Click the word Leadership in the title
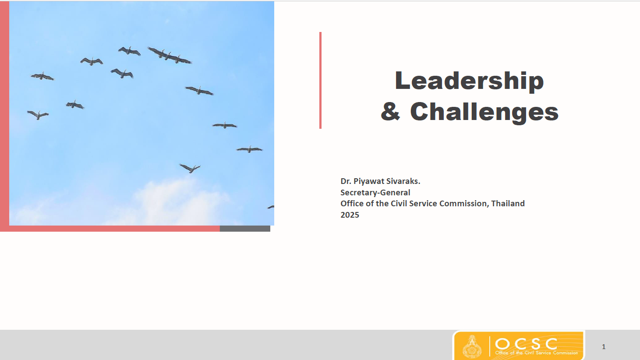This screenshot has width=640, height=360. pos(469,81)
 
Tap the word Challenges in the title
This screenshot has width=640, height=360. pos(484,112)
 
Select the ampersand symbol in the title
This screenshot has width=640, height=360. pos(390,111)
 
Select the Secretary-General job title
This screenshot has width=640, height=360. pos(375,193)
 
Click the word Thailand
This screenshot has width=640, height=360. pos(508,203)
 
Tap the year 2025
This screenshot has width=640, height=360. pos(350,215)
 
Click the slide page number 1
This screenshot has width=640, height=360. pos(604,347)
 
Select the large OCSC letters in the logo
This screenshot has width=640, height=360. pos(526,344)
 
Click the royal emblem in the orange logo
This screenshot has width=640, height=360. pos(472,346)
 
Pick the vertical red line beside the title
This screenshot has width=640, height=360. pos(320,80)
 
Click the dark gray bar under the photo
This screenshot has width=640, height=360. pos(245,229)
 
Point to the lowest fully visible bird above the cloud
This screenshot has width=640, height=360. pos(190,168)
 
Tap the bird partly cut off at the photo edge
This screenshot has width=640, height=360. pos(271,207)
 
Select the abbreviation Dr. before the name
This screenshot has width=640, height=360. pos(346,181)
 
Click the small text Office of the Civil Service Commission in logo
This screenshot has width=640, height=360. pos(537,353)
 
